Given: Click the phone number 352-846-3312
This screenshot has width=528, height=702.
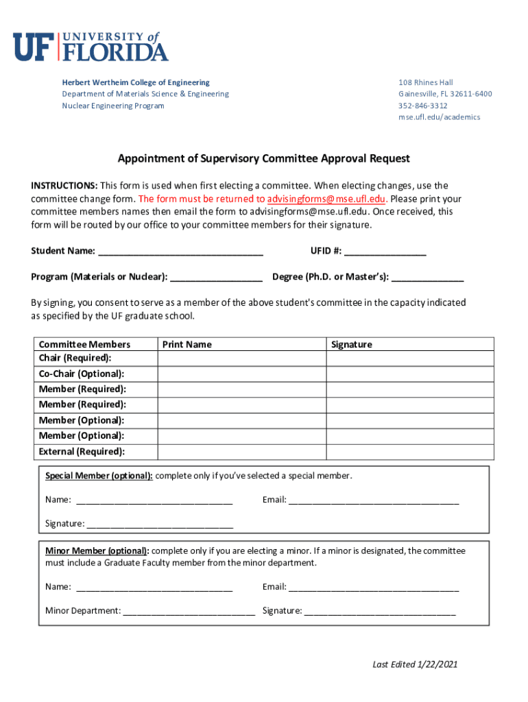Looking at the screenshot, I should pyautogui.click(x=422, y=106).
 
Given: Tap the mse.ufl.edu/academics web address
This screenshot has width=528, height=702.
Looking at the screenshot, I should pyautogui.click(x=439, y=117).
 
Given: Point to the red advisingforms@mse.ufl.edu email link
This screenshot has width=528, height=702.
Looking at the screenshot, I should pyautogui.click(x=326, y=199).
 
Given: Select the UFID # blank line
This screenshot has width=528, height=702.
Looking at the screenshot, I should pyautogui.click(x=385, y=252).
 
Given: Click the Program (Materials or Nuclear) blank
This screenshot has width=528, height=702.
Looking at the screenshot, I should pyautogui.click(x=216, y=278).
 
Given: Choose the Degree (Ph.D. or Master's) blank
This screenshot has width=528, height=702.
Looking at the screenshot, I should pyautogui.click(x=427, y=278).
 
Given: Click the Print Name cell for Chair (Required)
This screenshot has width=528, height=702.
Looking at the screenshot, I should pyautogui.click(x=241, y=359).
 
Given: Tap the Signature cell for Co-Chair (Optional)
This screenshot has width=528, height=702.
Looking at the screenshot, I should pyautogui.click(x=409, y=374).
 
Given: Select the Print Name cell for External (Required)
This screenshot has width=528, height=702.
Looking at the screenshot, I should pyautogui.click(x=241, y=452).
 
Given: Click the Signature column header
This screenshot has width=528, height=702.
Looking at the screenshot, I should pyautogui.click(x=351, y=344).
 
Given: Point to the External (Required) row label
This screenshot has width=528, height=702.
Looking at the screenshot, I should pyautogui.click(x=82, y=452).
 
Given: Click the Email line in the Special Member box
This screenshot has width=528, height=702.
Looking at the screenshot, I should pyautogui.click(x=373, y=500).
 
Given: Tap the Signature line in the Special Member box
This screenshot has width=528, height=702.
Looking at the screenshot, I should pyautogui.click(x=160, y=524).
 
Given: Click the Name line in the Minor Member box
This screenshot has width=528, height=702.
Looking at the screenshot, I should pyautogui.click(x=154, y=588).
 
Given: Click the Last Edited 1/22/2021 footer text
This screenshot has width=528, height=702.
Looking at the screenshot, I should pyautogui.click(x=415, y=664).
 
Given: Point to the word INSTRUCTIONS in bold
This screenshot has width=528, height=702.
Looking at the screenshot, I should pyautogui.click(x=64, y=186).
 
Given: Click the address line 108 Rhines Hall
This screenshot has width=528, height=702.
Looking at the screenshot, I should pyautogui.click(x=425, y=82).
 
